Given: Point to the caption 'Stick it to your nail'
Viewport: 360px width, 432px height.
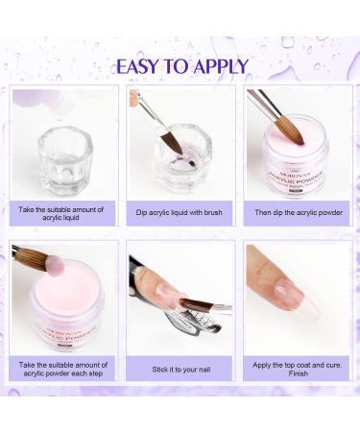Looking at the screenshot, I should click(x=180, y=368).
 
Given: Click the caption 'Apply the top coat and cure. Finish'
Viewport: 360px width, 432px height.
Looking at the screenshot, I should click(x=298, y=368).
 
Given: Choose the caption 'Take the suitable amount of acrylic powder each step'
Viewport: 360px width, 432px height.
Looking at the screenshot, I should click(x=61, y=368).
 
